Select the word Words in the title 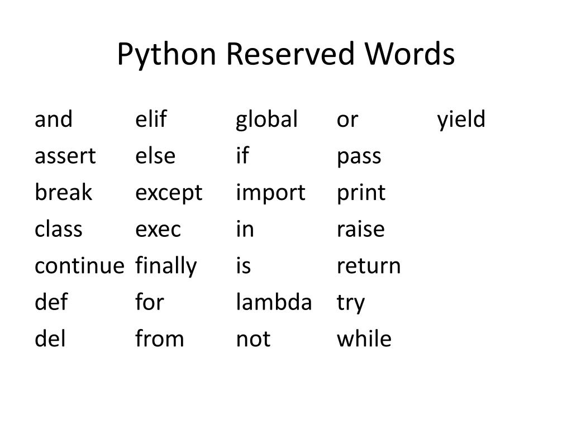click(x=411, y=55)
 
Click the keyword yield click(x=461, y=120)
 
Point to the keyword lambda click(x=274, y=303)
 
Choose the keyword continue click(x=79, y=266)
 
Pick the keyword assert click(x=65, y=156)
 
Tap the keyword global click(x=267, y=120)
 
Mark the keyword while click(x=364, y=339)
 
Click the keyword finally click(x=166, y=266)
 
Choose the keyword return click(x=369, y=266)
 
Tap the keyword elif click(x=151, y=120)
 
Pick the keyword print click(x=361, y=193)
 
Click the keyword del click(x=50, y=339)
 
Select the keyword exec click(x=159, y=230)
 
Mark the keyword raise click(x=361, y=230)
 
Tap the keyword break click(x=63, y=193)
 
